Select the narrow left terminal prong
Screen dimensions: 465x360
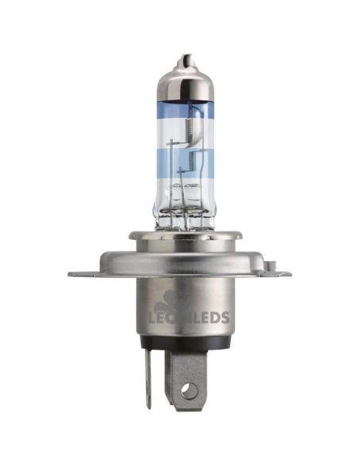click(x=149, y=382)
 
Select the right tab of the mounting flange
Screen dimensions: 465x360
click(x=275, y=273)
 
